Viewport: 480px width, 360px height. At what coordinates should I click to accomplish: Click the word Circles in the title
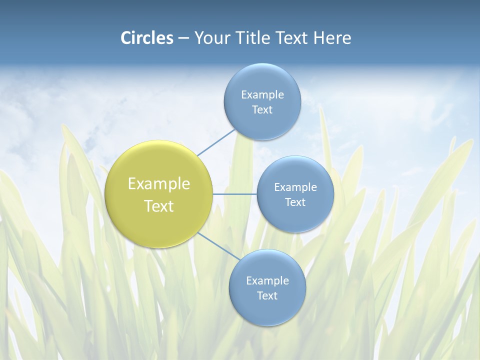147,38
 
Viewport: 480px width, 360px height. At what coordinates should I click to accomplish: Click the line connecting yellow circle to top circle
216,142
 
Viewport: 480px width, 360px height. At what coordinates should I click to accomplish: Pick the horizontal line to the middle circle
235,194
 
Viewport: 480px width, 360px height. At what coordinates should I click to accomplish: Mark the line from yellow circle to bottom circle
217,245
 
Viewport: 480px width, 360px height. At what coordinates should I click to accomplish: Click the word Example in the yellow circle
159,184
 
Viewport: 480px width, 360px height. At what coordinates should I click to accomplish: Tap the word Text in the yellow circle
159,206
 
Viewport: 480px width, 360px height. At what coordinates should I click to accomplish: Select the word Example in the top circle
262,95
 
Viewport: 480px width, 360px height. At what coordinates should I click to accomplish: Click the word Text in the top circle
262,110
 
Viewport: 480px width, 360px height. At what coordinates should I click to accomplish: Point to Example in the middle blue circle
295,187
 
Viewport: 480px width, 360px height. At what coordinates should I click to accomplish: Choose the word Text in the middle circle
295,202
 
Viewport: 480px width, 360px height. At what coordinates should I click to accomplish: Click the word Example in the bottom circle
267,281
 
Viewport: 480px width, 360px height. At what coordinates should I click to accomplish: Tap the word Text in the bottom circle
267,296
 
